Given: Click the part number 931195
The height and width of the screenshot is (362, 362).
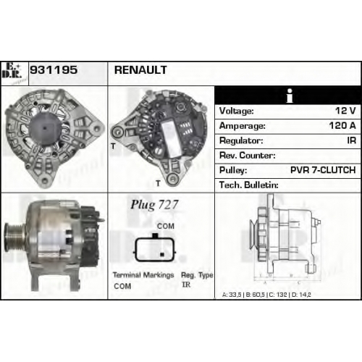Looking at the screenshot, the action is (x=54, y=70).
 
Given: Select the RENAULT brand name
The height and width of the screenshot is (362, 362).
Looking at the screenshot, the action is (x=140, y=70).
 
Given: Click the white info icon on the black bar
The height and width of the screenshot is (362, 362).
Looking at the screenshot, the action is (x=290, y=96).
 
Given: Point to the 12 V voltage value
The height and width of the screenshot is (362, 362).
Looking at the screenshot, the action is (x=345, y=111).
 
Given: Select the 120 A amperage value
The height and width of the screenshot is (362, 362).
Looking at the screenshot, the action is (x=342, y=125).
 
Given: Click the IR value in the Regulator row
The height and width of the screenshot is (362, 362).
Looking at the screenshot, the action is (x=351, y=140).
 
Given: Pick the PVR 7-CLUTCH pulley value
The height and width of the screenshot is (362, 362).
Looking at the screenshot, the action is (x=323, y=170).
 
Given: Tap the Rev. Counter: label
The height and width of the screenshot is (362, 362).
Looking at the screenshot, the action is (x=247, y=156).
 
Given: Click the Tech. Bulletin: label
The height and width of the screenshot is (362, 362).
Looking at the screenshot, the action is (x=249, y=185).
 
